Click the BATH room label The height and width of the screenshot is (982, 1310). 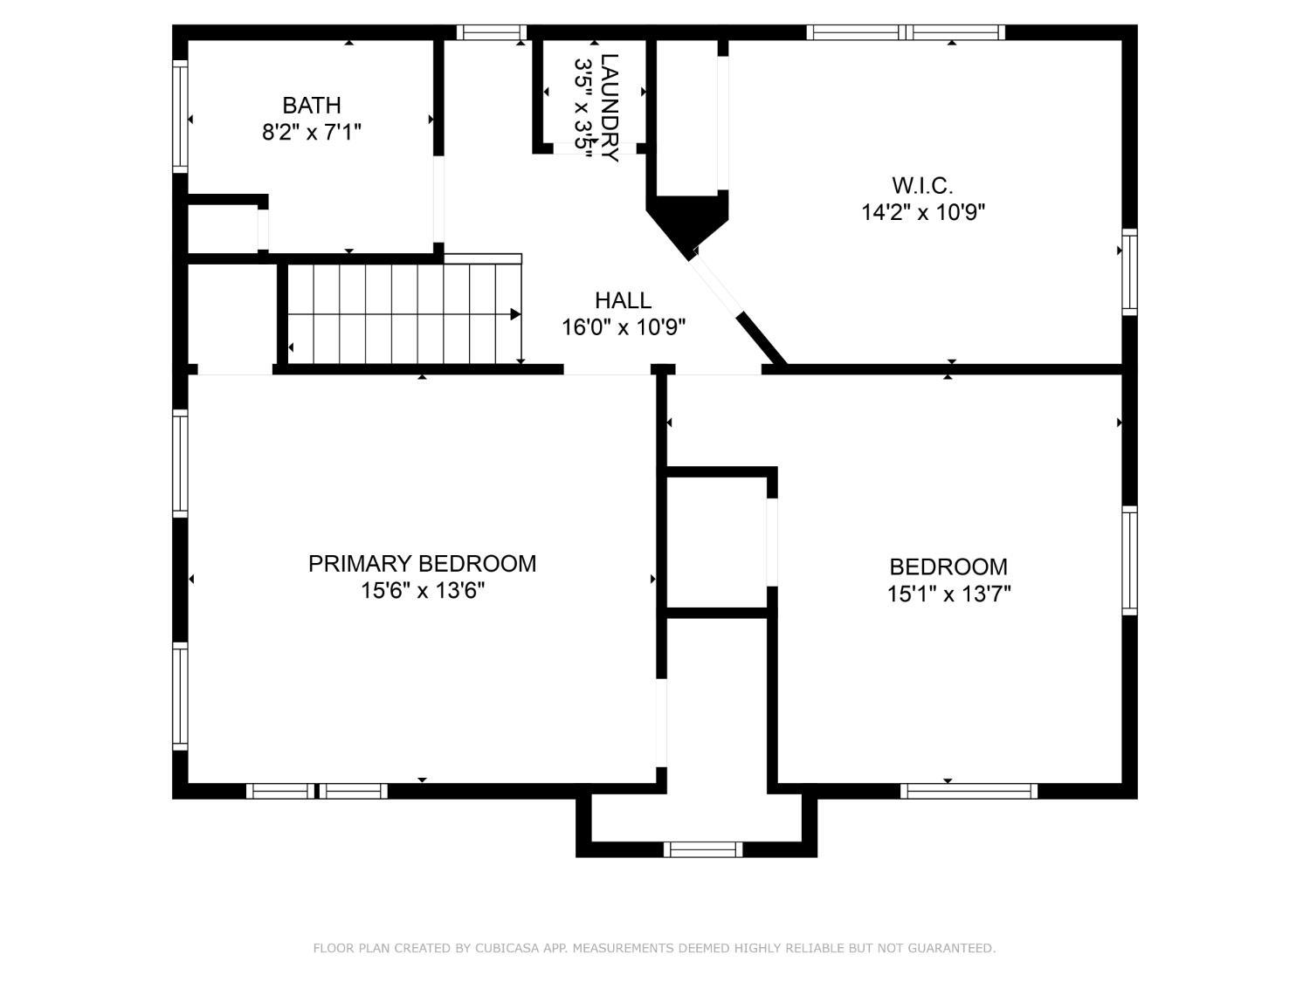point(312,106)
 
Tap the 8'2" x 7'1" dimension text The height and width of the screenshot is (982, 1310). point(312,132)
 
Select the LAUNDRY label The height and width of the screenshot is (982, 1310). point(610,107)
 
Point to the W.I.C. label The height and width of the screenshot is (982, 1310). point(922,185)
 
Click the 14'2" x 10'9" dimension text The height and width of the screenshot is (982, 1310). point(922,211)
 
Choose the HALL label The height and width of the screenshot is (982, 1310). point(623,300)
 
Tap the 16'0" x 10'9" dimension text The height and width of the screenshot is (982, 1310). point(623,326)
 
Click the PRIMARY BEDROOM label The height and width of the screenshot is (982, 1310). point(422,563)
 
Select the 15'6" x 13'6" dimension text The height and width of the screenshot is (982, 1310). point(422,591)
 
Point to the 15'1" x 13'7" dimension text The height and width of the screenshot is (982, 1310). point(948,594)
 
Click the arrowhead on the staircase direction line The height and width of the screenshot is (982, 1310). point(515,314)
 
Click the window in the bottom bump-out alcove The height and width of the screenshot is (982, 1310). point(702,849)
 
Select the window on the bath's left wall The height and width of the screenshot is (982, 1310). point(180,116)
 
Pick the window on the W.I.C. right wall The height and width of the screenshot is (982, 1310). point(1129,271)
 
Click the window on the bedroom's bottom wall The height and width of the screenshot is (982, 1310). point(969,791)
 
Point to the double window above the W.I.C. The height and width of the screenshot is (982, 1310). point(906,32)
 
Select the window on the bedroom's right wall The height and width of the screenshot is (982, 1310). point(1129,560)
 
